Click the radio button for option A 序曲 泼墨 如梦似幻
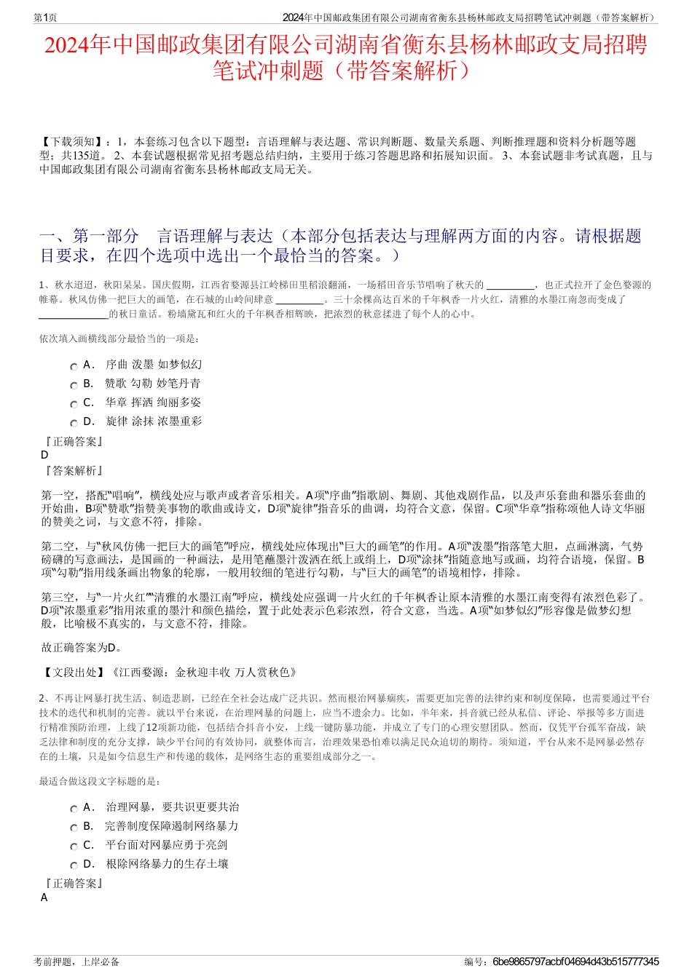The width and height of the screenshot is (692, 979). (x=74, y=366)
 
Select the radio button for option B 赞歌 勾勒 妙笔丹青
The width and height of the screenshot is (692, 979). (x=74, y=385)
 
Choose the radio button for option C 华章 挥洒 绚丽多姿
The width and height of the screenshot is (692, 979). (x=74, y=404)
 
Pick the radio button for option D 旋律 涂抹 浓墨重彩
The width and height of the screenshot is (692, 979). (x=74, y=423)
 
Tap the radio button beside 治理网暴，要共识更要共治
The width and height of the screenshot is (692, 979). (x=74, y=809)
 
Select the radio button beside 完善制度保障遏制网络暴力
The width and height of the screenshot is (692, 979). (x=74, y=828)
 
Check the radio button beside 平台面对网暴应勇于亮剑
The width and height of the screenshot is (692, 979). (x=74, y=847)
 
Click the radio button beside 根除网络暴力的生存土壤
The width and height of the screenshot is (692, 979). (x=74, y=865)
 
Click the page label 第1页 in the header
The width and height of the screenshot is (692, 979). (x=45, y=17)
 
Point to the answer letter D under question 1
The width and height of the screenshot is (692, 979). (x=45, y=455)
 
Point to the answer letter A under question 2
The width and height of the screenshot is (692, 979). (x=44, y=897)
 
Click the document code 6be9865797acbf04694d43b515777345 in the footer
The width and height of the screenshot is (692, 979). (x=575, y=962)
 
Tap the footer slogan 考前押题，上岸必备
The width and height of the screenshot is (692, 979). (x=76, y=962)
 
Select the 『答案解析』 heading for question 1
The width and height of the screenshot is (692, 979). (x=73, y=471)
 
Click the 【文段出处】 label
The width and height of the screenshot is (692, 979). (x=73, y=673)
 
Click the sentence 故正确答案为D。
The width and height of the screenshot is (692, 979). (x=82, y=647)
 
